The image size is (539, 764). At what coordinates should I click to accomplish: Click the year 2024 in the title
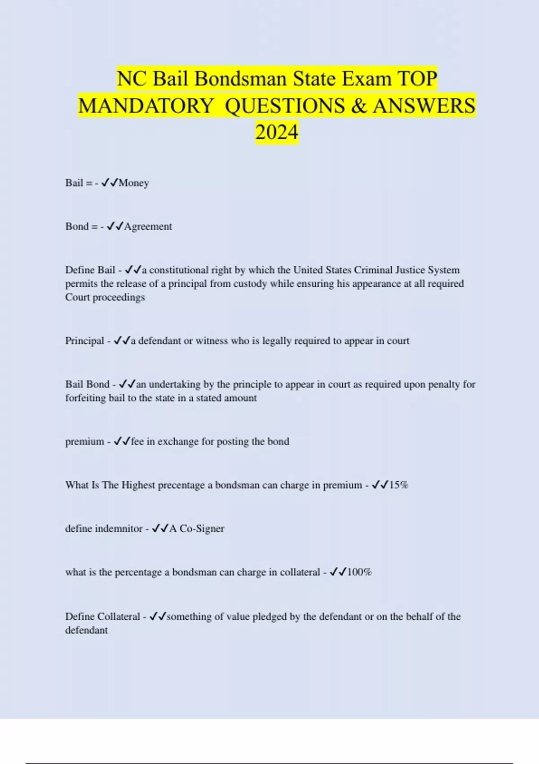[x=277, y=132]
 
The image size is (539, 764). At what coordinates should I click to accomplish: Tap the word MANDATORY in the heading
[x=146, y=106]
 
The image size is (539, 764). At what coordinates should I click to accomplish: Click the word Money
[x=134, y=183]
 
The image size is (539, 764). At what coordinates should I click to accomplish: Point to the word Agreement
[x=148, y=227]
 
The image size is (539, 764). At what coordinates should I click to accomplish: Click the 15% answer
[x=398, y=485]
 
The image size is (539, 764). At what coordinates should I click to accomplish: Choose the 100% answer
[x=359, y=572]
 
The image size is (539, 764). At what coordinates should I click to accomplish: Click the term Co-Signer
[x=202, y=529]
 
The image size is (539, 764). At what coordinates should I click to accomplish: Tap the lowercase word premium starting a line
[x=84, y=441]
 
